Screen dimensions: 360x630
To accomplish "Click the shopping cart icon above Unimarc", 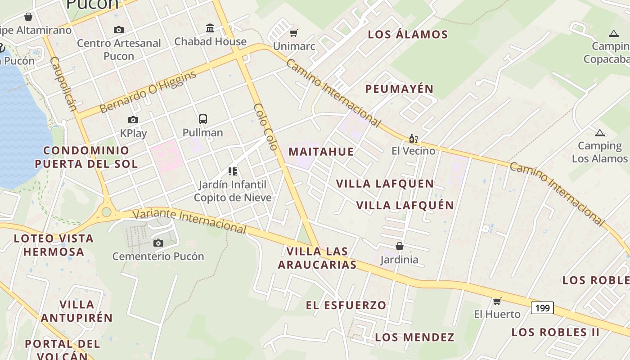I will (294, 33).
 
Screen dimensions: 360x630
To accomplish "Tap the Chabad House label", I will (210, 41).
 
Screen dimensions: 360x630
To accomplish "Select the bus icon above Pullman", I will (203, 119).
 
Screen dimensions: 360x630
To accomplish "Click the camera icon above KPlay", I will (133, 120).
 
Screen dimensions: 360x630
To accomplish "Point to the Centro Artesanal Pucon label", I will (119, 49).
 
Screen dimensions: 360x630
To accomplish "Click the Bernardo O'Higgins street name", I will (148, 91).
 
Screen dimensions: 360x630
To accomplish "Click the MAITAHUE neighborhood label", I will (321, 152).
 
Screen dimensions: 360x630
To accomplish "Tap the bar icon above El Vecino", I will (413, 138).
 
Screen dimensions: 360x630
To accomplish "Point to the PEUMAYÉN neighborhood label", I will (399, 89).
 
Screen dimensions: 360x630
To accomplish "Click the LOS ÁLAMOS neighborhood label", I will (408, 35).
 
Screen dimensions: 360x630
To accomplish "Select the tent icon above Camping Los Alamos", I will (599, 133).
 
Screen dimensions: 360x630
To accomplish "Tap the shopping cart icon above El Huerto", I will (497, 301).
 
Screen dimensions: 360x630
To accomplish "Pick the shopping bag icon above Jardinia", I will (399, 246).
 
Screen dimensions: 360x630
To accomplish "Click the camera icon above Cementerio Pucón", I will (158, 243).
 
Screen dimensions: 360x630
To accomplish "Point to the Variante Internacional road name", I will (190, 221).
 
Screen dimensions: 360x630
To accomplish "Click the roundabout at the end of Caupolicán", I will (106, 212).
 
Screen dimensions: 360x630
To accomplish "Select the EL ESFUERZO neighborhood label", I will (346, 305).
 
